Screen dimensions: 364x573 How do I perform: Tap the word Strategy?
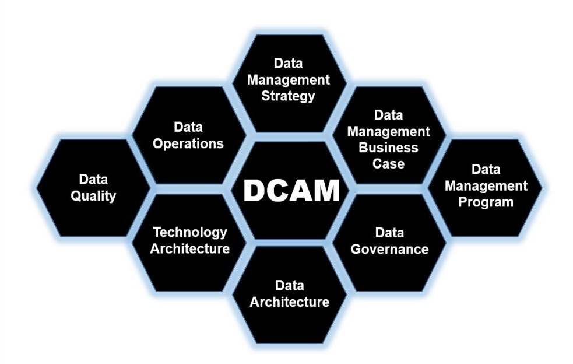coord(288,95)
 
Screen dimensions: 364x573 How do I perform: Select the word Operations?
coord(188,143)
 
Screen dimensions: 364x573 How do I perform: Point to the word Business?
coord(388,148)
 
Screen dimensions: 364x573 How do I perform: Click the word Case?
coord(388,163)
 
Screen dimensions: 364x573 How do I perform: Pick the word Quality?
coord(93,196)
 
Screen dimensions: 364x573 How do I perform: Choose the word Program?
coord(486,202)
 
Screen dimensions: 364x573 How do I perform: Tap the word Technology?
coord(189,232)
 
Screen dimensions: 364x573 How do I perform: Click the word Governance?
coord(389,249)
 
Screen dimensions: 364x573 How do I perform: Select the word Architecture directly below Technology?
coord(189,249)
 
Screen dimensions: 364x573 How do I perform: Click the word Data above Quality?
coord(93,180)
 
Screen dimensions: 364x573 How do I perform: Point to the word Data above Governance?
coord(389,233)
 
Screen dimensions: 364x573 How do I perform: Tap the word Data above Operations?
coord(188,127)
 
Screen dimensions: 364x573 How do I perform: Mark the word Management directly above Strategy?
coord(288,79)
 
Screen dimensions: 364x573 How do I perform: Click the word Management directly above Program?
coord(486,186)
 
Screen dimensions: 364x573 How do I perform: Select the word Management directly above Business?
coord(388,131)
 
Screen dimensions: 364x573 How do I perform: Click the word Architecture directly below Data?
coord(289,302)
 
